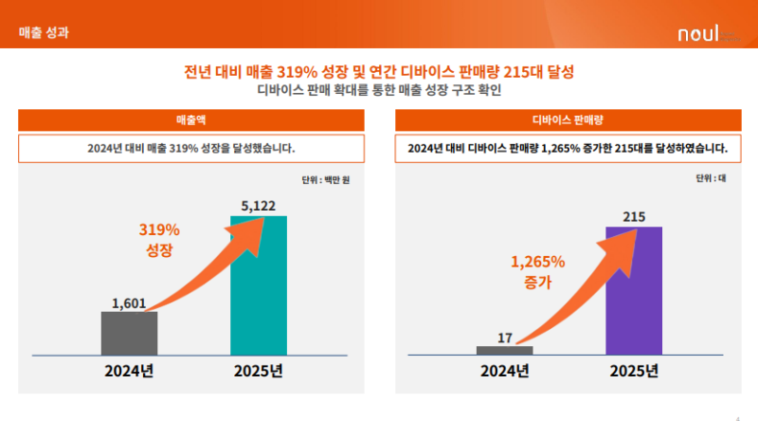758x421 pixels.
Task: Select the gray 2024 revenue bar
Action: tap(129, 334)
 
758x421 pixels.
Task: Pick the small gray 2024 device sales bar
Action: tap(504, 350)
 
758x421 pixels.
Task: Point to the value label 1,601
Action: tap(129, 303)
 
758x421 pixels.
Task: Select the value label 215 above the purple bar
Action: tap(634, 217)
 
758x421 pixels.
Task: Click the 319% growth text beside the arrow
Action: tap(159, 239)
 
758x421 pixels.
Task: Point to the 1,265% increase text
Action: tap(537, 271)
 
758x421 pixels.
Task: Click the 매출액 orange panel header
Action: tap(191, 120)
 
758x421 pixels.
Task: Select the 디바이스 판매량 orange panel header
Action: tap(567, 120)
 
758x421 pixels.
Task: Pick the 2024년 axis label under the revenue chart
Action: tap(129, 371)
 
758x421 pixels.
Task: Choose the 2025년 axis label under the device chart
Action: tap(634, 371)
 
